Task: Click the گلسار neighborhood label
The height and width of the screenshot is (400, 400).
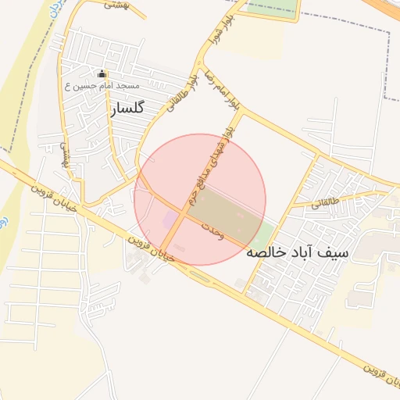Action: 123,109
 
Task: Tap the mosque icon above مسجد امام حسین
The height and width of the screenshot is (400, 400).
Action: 105,74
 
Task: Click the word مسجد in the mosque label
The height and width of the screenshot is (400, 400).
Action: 127,84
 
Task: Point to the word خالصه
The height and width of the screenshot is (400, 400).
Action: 266,253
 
